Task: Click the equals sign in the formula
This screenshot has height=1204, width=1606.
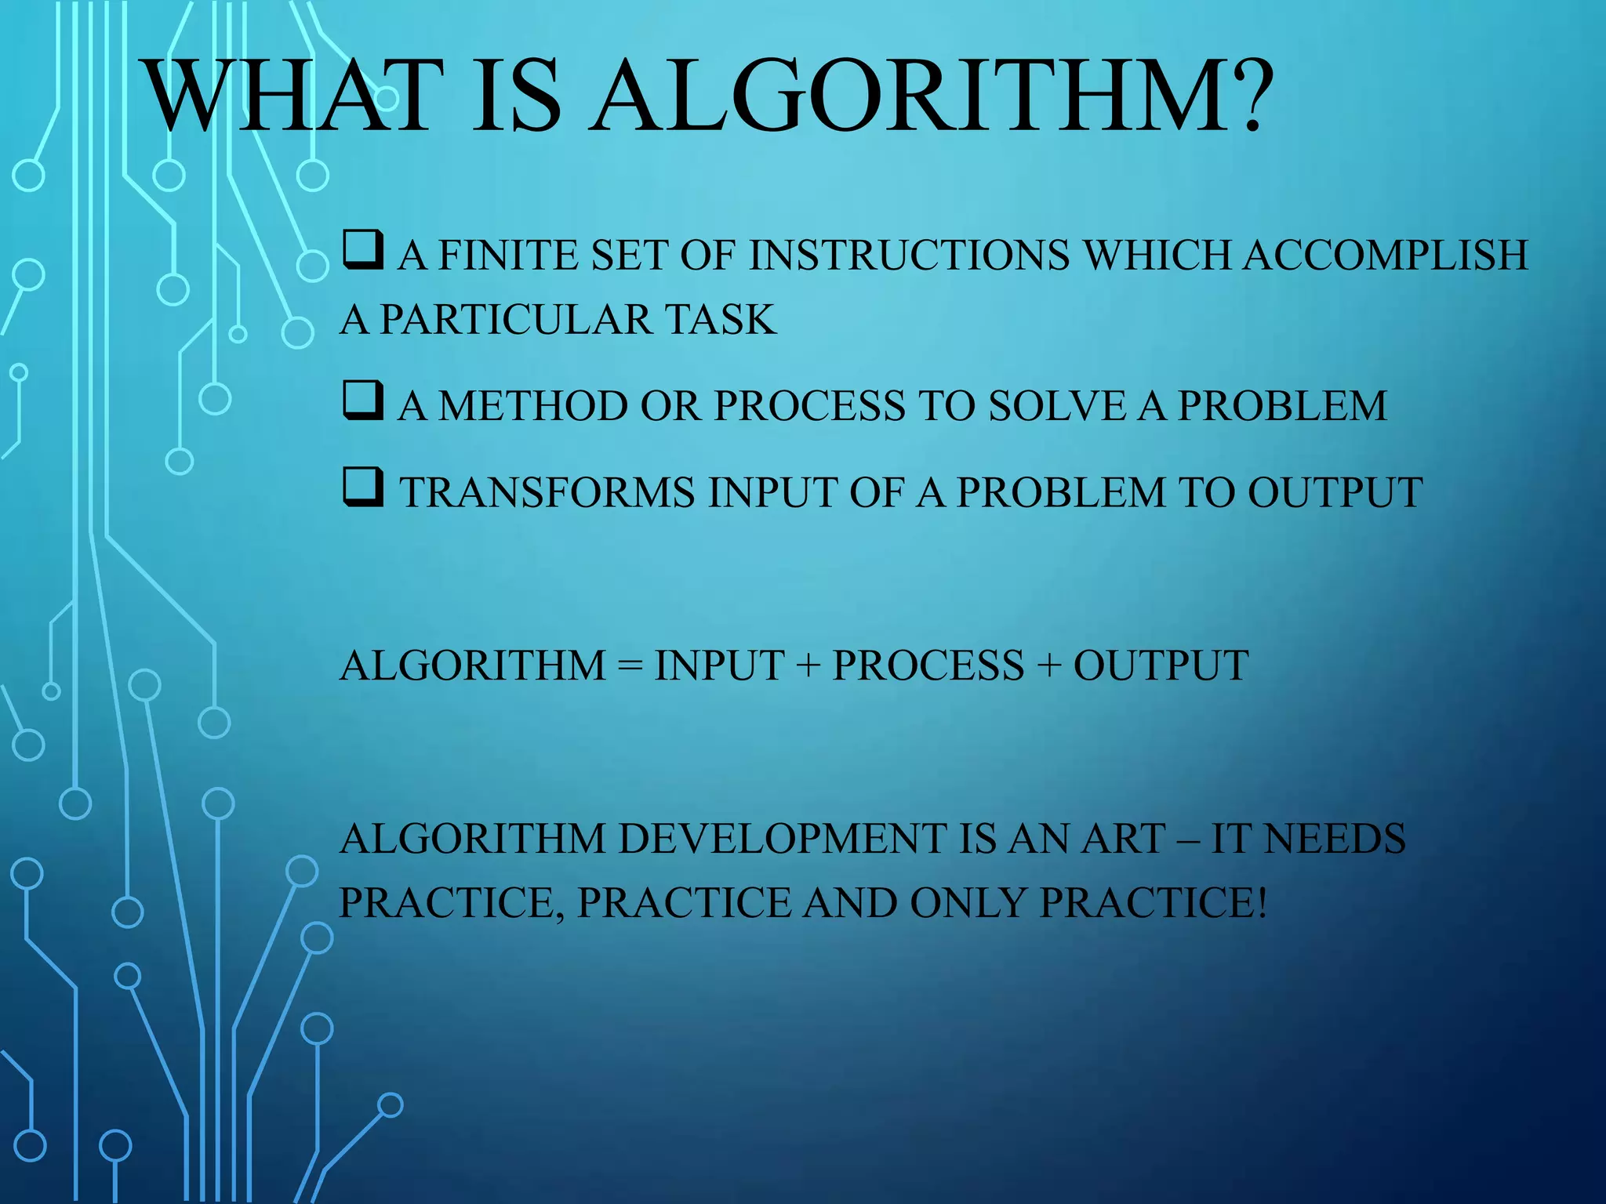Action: (x=630, y=666)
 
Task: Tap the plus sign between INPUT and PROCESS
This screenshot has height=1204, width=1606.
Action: (x=808, y=666)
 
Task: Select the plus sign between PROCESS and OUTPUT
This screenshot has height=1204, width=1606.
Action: (x=1048, y=666)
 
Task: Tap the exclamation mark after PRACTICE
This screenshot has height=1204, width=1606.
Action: (x=1261, y=903)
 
